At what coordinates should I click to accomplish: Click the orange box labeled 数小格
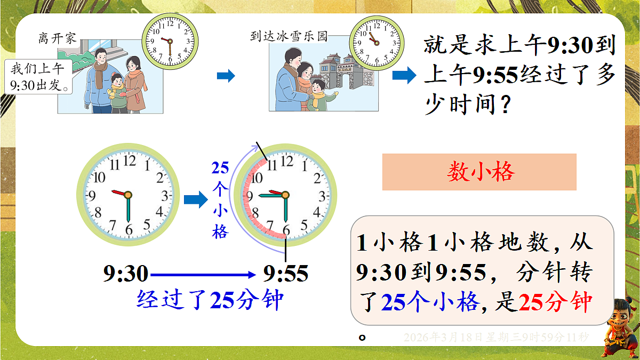coord(479,172)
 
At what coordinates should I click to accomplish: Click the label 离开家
coord(57,38)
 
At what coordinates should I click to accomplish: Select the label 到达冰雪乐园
coord(289,37)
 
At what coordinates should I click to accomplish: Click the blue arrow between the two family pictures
coord(226,76)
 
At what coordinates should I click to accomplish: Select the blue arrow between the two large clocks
coord(195,200)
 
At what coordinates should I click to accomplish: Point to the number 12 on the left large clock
coord(129,161)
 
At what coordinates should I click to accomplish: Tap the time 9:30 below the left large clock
coord(126,274)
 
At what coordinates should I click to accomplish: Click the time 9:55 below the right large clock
coord(286,274)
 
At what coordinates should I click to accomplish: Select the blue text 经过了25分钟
coord(210,300)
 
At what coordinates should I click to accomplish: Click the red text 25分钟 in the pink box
coord(555,303)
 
